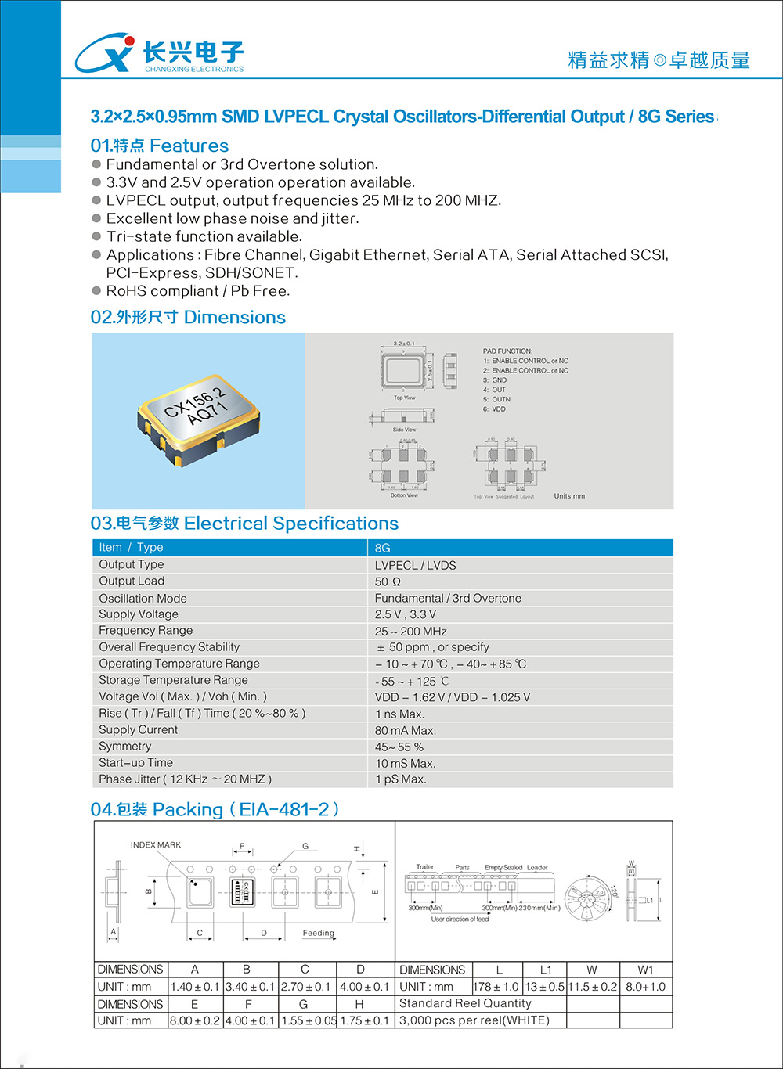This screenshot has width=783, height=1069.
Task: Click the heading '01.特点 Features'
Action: (160, 146)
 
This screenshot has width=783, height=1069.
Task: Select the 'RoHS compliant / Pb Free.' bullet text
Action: (198, 291)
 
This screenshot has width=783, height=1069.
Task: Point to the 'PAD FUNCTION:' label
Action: (507, 351)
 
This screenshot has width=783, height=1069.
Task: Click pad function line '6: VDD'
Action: (494, 409)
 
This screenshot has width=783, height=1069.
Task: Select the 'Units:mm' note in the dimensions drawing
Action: (569, 496)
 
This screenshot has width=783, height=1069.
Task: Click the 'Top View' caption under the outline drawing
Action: (404, 398)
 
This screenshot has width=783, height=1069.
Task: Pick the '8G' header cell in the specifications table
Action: (383, 548)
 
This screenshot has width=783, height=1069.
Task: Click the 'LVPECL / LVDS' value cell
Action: (415, 565)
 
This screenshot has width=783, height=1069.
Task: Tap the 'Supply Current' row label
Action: (138, 730)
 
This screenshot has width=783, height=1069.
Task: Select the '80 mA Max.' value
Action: (406, 731)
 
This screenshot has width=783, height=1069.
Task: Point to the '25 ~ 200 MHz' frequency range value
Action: (411, 632)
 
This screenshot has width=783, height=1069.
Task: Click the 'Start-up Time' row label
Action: (135, 763)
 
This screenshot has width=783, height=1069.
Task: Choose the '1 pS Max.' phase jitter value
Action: (401, 779)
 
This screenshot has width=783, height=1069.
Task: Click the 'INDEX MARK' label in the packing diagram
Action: (156, 845)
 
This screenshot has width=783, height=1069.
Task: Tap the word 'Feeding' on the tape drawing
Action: (319, 933)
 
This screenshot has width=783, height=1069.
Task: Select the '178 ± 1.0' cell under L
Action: (496, 987)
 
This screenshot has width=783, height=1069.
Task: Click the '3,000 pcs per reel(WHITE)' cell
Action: (474, 1020)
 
